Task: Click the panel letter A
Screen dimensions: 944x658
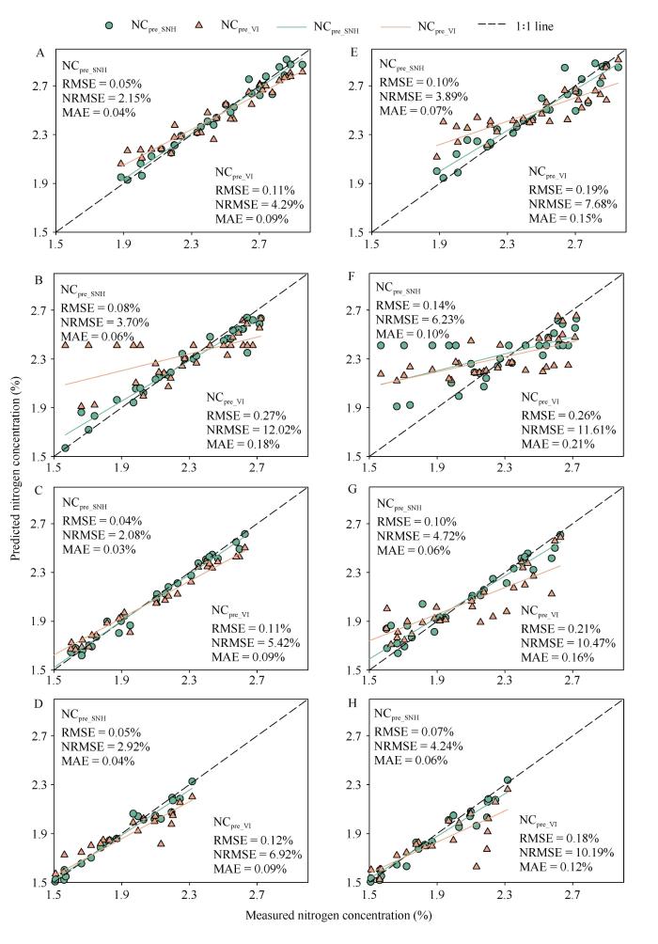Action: (40, 54)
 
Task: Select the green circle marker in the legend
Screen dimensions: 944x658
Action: (110, 25)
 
